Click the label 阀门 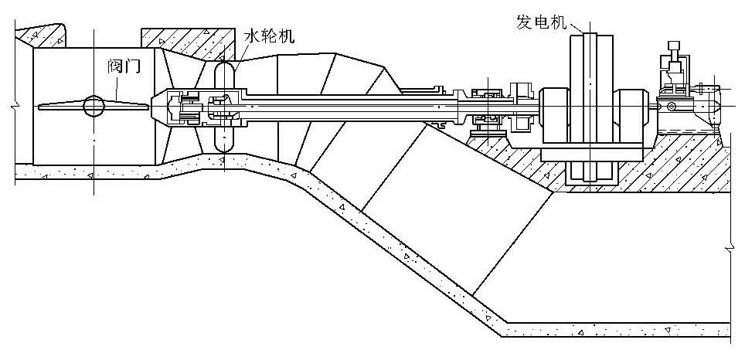pos(124,67)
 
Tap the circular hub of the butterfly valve pos(94,107)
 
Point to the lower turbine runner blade pos(223,139)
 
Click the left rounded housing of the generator pos(554,115)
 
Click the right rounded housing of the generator pos(632,115)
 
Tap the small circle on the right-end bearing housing pos(672,105)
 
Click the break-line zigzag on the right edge pos(730,247)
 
